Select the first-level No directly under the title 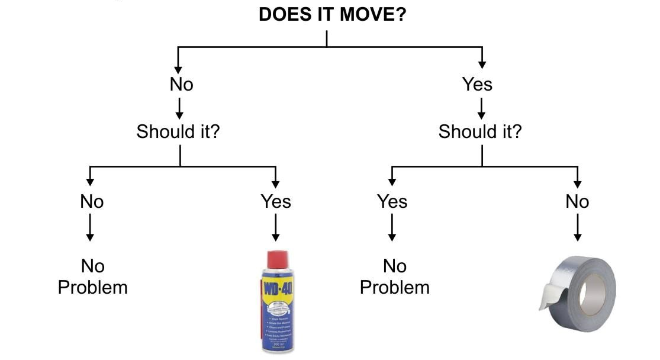pos(181,85)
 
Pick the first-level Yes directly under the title pos(477,85)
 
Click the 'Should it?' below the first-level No pos(178,131)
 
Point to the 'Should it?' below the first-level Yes pos(480,131)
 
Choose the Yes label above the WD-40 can pos(276,202)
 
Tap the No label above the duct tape pos(577,202)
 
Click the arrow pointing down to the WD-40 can pos(275,228)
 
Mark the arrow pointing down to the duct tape pos(577,228)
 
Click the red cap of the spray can pos(278,259)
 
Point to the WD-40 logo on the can pos(278,291)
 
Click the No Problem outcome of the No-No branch pos(92,277)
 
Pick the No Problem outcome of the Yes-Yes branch pos(394,277)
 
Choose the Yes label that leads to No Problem pos(392,202)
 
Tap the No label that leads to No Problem pos(92,202)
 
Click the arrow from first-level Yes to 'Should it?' pos(482,108)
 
